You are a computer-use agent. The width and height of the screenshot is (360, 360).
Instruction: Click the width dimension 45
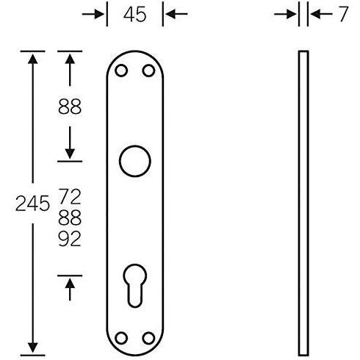click(134, 14)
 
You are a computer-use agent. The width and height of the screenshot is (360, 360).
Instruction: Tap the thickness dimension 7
click(344, 14)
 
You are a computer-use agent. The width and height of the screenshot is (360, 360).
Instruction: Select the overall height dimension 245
click(32, 204)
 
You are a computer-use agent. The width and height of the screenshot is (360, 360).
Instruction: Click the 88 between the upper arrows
click(70, 107)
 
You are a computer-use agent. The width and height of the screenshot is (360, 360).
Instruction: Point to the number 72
click(70, 196)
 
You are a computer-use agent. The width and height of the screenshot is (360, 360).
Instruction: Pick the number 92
click(70, 239)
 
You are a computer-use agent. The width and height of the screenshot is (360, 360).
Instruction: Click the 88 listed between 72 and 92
click(70, 217)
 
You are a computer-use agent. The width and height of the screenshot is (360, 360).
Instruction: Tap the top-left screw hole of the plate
click(121, 71)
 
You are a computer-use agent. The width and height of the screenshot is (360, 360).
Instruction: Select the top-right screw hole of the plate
click(148, 71)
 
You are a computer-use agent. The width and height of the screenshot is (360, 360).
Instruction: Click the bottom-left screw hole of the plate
click(121, 338)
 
